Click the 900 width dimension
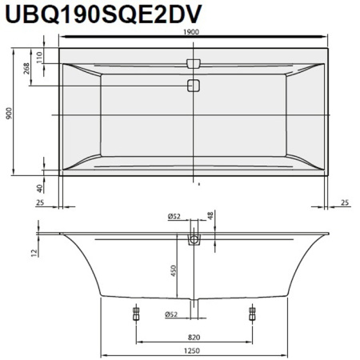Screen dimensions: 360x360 pos(10,114)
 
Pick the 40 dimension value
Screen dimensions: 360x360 pos(40,188)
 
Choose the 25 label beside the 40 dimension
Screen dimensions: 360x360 pos(40,202)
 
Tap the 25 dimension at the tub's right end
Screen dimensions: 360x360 pos(344,202)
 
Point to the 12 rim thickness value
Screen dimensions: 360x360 pos(33,254)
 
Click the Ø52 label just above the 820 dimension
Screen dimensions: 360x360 pos(177,314)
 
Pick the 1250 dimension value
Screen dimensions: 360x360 pos(194,350)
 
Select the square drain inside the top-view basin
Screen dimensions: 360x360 pos(193,86)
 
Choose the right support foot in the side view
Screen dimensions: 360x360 pos(253,311)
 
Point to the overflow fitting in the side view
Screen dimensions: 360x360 pos(193,238)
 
